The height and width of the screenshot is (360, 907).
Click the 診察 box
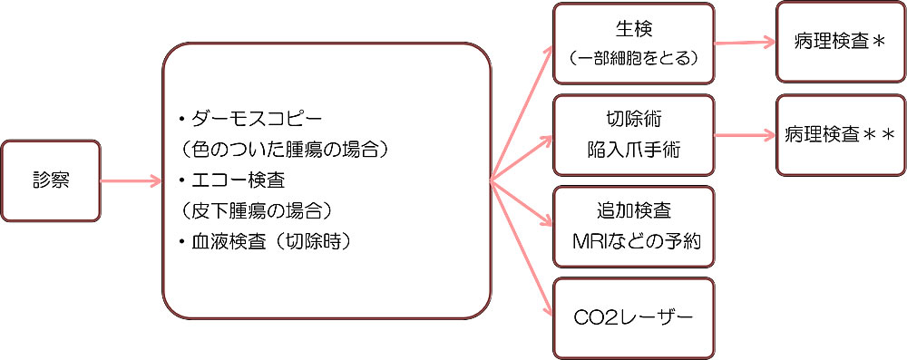pyautogui.click(x=51, y=181)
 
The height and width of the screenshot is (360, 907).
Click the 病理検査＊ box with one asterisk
pyautogui.click(x=838, y=42)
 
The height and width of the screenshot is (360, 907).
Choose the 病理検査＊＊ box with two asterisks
pyautogui.click(x=839, y=136)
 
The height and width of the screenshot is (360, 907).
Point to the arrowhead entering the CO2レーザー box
pyautogui.click(x=548, y=311)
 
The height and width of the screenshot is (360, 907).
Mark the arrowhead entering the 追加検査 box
pyautogui.click(x=548, y=223)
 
